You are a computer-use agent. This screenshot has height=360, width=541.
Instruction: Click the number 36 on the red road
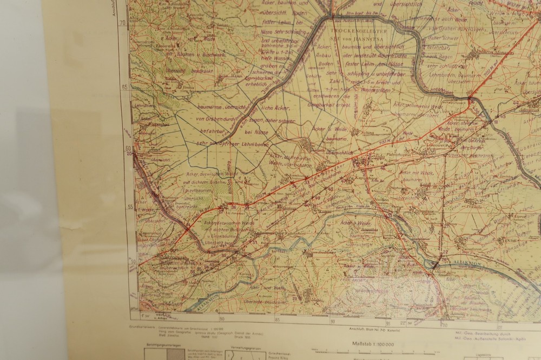pos(233,207)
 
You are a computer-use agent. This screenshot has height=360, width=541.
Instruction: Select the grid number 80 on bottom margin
pos(221,318)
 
